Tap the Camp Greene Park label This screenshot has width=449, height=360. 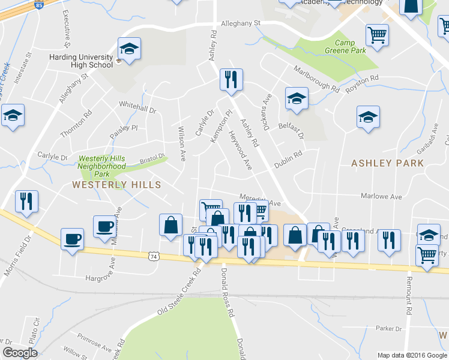coord(350,47)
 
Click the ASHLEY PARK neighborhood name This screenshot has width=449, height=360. coord(387,163)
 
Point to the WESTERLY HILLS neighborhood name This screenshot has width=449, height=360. coord(116,185)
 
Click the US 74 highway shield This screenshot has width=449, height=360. coord(154,256)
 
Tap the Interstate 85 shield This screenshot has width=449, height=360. coord(40,5)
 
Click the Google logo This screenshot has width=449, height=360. coord(20,353)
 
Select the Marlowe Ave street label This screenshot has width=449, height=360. coord(381,196)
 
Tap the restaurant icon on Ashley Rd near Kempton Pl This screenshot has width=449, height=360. coord(230,79)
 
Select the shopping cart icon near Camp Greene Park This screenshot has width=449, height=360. coord(377,35)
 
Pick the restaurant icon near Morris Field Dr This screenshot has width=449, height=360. coord(26,201)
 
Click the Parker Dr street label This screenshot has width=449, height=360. coord(388,328)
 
